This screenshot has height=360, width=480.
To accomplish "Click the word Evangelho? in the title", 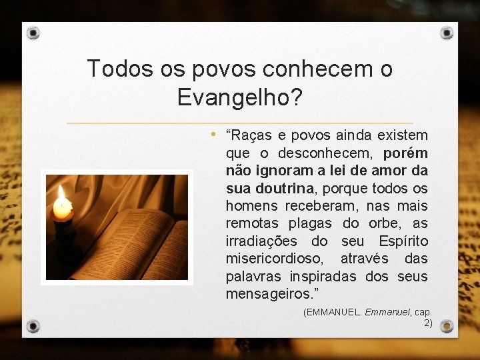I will click(240, 97).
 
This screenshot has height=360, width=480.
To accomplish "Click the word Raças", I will click(251, 136).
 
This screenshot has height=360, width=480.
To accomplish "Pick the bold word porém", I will click(406, 153).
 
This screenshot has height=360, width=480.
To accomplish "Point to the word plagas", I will click(312, 223).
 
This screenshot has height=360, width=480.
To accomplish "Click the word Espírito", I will click(403, 241).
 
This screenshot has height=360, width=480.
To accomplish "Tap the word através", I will click(362, 259).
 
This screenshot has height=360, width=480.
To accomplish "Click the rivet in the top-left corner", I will click(34, 33).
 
